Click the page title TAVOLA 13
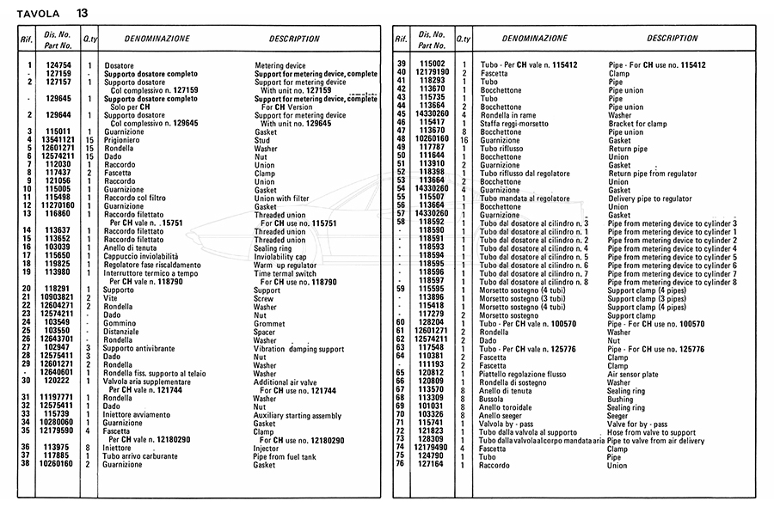[x=51, y=13]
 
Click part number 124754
[x=58, y=65]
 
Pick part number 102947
[x=58, y=348]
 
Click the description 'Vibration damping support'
[x=299, y=348]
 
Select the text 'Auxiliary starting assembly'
[x=297, y=414]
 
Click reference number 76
[x=400, y=465]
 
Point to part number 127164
[x=432, y=465]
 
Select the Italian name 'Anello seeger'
[x=504, y=415]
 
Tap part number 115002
[x=432, y=65]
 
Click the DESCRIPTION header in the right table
[x=673, y=39]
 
